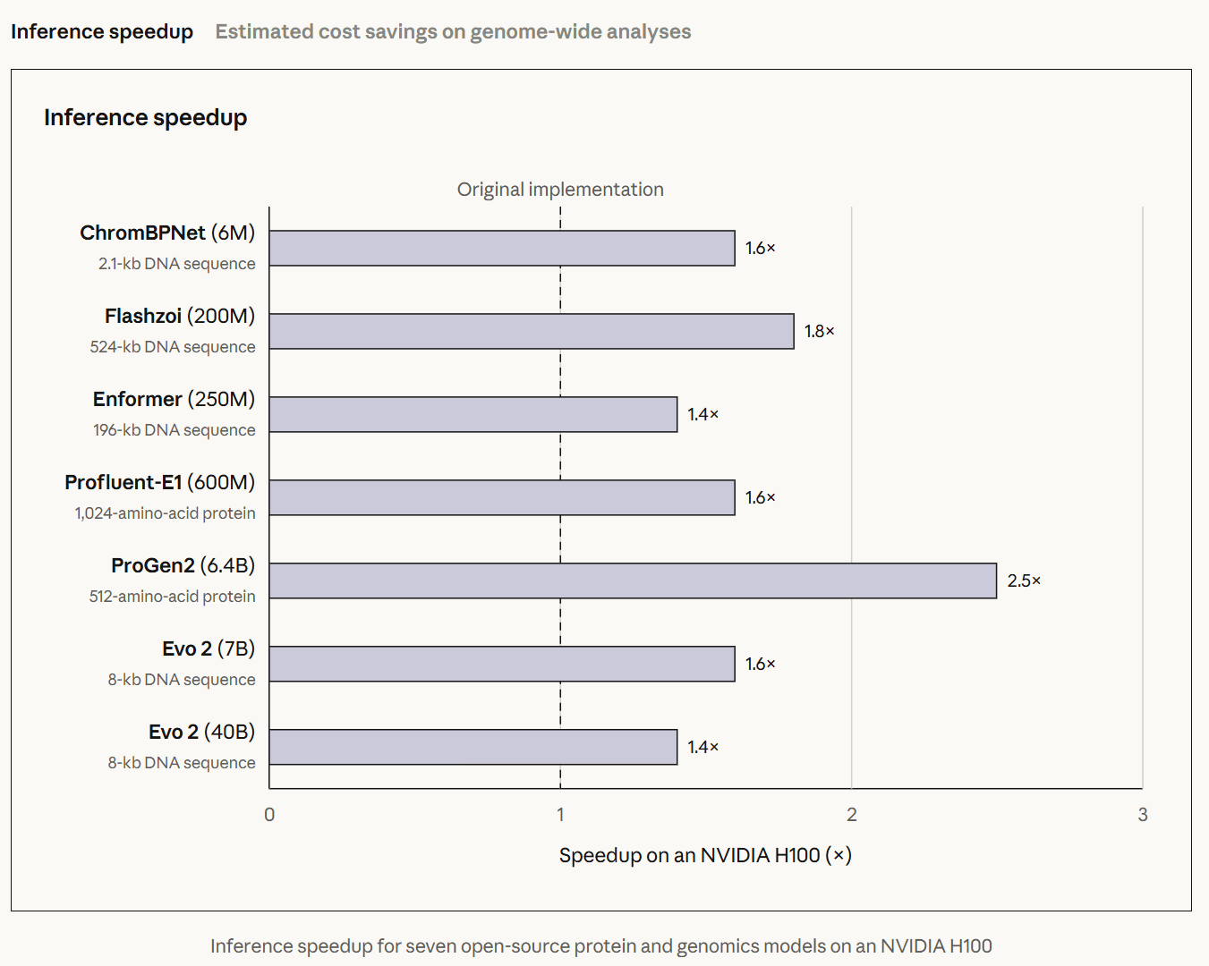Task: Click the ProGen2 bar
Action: [x=633, y=580]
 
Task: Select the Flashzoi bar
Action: [x=532, y=331]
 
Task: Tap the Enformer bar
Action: [x=473, y=414]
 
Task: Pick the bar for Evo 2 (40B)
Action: [x=473, y=747]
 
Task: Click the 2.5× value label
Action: [x=1024, y=580]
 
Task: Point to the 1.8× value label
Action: [x=819, y=331]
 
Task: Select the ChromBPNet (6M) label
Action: [x=167, y=233]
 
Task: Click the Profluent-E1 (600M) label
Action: [x=159, y=482]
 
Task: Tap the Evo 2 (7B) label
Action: [x=209, y=648]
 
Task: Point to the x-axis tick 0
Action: [x=269, y=814]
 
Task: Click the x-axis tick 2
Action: [x=852, y=814]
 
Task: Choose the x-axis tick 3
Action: [x=1143, y=814]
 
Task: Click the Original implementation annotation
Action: [x=560, y=190]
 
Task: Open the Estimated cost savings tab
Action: [x=453, y=31]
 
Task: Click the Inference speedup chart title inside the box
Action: [x=146, y=117]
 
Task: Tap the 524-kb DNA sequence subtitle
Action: [x=173, y=347]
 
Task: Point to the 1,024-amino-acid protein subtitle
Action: [x=166, y=513]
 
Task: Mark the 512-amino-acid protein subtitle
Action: [x=172, y=597]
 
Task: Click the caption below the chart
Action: [x=601, y=946]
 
